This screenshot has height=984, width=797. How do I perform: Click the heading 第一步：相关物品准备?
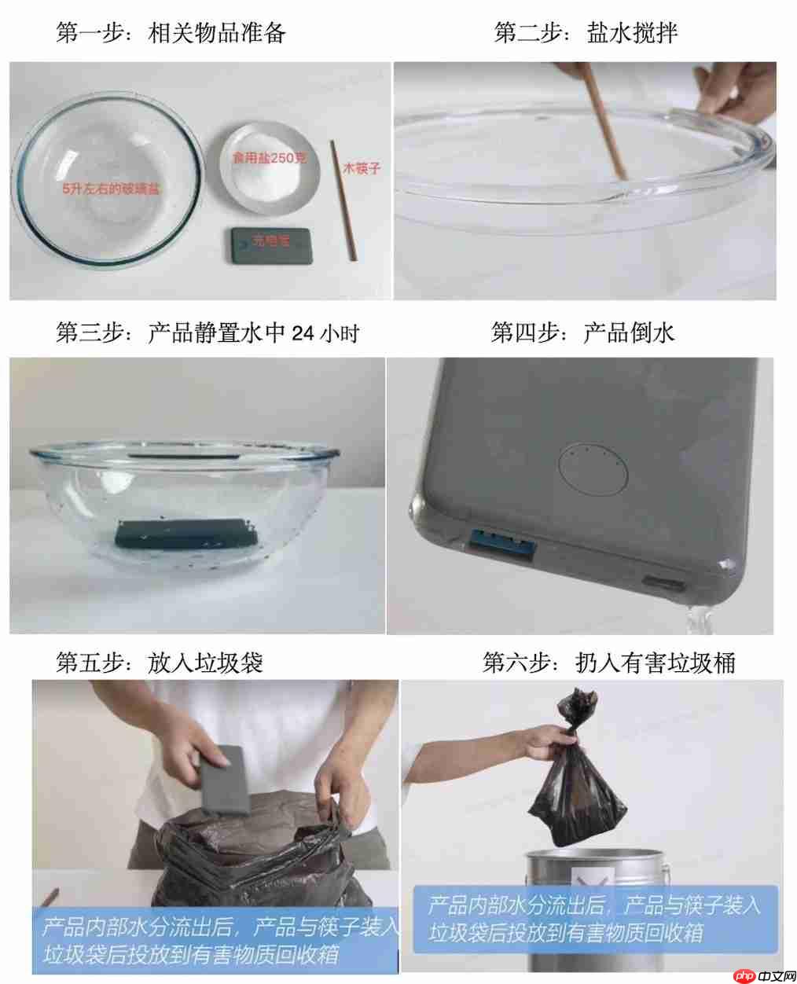click(171, 33)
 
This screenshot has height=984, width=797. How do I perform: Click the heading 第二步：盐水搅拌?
click(586, 33)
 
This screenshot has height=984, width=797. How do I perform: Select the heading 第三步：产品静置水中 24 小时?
click(208, 333)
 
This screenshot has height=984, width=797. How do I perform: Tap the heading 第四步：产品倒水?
click(582, 333)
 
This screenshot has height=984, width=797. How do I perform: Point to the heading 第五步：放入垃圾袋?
click(159, 663)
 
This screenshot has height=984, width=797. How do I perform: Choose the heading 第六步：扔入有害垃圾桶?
click(608, 663)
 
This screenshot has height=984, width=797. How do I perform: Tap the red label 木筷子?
click(361, 168)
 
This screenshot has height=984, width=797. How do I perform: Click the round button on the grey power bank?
click(592, 470)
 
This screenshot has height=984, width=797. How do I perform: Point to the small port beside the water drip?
click(663, 584)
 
